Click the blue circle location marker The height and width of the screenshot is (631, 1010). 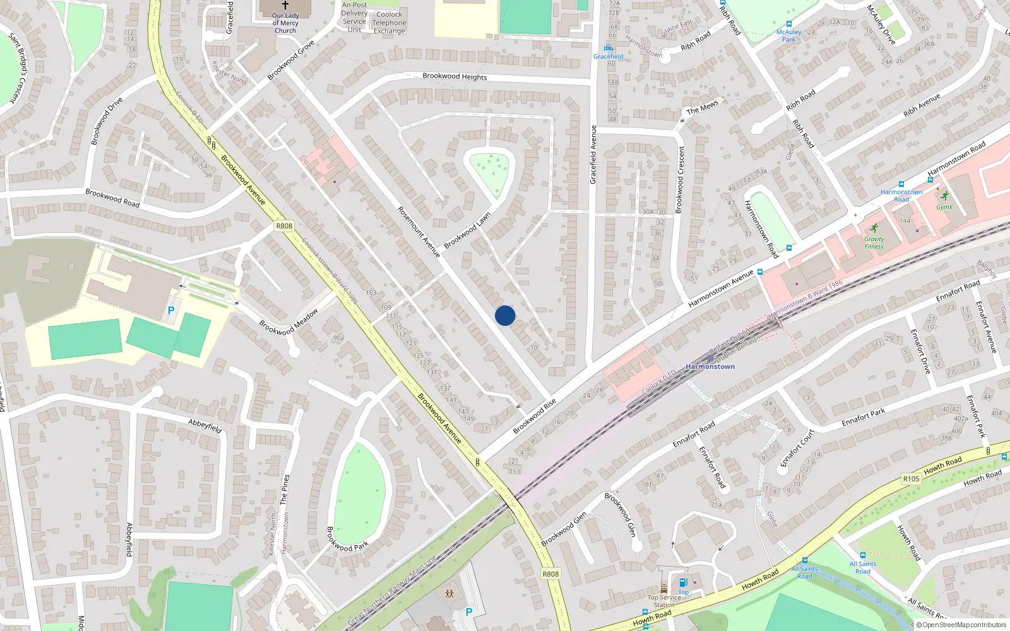505,315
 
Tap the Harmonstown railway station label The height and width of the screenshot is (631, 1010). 710,367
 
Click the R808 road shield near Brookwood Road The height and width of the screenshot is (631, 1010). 284,226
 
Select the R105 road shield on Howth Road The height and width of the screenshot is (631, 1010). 911,479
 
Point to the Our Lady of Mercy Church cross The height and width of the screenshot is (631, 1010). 285,5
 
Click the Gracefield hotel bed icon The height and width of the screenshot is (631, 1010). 608,48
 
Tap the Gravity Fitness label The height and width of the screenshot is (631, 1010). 874,243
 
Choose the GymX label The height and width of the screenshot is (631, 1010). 944,207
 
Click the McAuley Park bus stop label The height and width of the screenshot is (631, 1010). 788,35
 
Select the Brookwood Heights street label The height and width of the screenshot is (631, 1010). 454,76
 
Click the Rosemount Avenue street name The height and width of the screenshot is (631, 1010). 419,232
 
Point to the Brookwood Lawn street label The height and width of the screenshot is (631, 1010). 467,231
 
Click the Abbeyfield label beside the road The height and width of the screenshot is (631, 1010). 205,426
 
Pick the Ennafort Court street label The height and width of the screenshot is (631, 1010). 797,448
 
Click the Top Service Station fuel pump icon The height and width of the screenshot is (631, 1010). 682,583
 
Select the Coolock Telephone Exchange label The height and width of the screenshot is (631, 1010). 389,23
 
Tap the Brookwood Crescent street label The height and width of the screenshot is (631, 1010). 680,180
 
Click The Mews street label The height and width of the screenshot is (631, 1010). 702,108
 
